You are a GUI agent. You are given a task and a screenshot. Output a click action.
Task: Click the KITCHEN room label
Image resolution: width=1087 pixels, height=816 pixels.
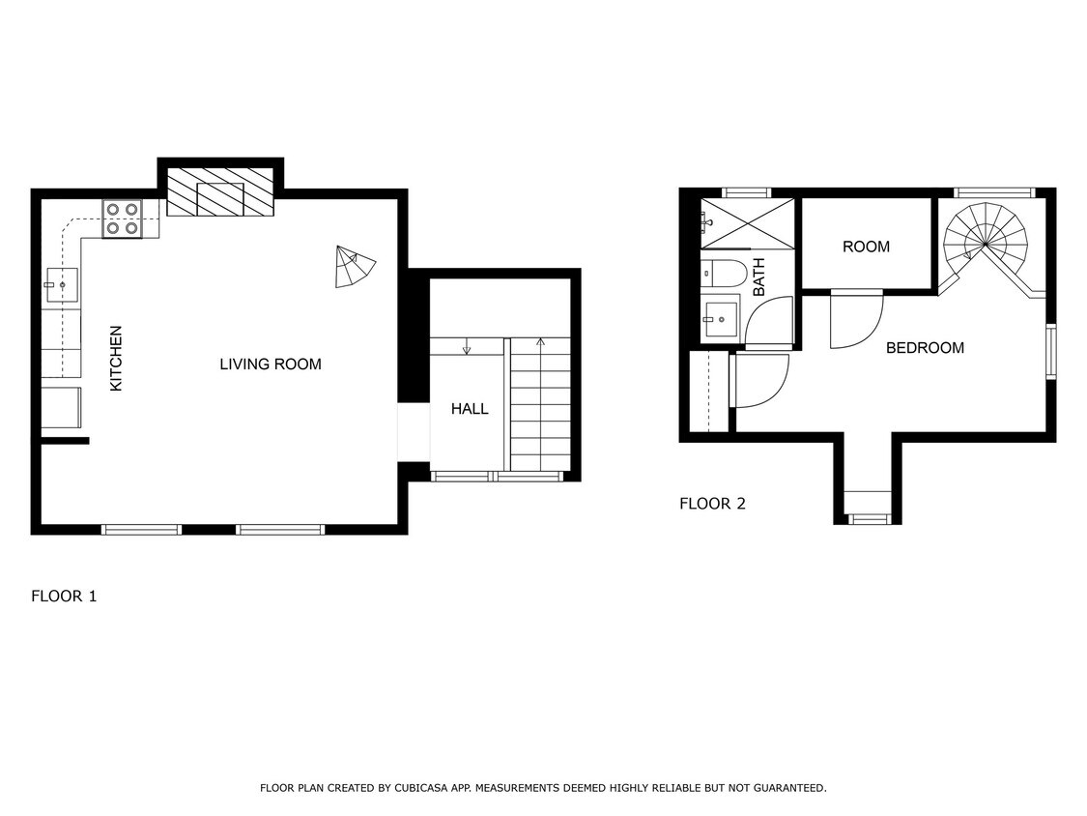[x=116, y=359]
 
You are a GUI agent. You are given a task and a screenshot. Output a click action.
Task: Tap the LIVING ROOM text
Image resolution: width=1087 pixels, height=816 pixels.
[x=271, y=364]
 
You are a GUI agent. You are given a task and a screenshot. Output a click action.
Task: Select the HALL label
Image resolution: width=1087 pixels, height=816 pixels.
[x=470, y=409]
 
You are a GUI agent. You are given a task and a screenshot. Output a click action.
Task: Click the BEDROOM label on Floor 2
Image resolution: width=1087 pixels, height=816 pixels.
[x=925, y=348]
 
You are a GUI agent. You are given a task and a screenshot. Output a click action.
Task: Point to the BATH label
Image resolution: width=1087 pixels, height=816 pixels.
[x=758, y=277]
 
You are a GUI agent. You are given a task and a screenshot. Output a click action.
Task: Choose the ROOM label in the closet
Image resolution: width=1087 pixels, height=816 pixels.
[x=866, y=247]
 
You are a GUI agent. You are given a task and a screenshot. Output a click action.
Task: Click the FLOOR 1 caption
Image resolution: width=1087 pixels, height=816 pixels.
[x=64, y=597]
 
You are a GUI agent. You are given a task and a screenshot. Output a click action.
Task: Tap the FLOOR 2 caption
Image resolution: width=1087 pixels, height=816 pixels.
[x=712, y=504]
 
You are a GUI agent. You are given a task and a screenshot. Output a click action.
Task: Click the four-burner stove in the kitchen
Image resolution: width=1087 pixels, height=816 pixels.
[x=123, y=219]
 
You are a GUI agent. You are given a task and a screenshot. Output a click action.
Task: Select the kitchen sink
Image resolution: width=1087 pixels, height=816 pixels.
[x=61, y=285]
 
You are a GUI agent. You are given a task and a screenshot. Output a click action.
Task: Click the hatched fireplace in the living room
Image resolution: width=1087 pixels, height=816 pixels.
[x=220, y=192]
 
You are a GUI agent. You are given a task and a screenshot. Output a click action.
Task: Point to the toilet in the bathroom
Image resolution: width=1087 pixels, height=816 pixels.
[x=722, y=273]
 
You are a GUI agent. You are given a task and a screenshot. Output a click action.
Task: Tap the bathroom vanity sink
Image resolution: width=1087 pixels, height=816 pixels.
[x=720, y=317]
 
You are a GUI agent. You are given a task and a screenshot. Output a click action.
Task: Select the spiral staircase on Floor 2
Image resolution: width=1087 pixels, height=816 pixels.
[x=985, y=242]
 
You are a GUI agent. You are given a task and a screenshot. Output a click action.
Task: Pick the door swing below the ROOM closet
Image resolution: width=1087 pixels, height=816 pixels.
[x=857, y=319]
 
